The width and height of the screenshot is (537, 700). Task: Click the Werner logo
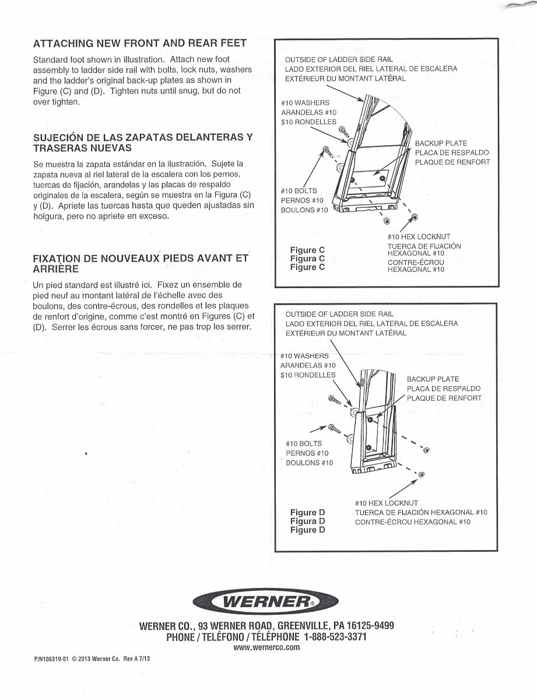point(266,602)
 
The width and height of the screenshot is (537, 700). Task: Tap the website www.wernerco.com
point(266,647)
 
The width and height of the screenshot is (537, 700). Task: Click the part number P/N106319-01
point(51,659)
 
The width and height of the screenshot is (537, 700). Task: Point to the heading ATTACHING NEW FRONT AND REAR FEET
point(140,44)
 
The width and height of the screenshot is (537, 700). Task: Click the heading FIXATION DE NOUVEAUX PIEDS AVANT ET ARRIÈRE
point(141,264)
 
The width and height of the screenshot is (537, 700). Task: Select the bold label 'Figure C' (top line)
point(307,250)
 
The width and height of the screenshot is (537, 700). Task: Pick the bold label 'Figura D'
point(307,521)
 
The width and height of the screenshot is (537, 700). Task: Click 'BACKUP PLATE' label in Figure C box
point(441,143)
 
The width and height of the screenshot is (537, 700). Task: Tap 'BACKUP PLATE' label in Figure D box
point(433,379)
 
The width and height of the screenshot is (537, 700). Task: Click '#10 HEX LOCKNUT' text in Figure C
point(419,237)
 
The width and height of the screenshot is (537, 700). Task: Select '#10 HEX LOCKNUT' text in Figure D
point(386,503)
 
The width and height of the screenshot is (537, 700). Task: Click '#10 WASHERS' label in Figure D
point(304,356)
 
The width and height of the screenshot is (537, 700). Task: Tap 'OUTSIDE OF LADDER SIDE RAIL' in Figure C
point(339,60)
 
